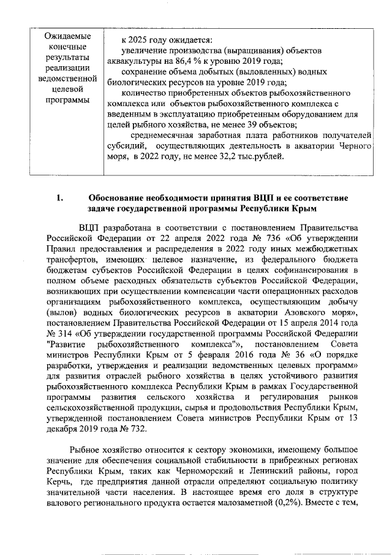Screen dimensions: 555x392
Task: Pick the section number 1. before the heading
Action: (x=60, y=198)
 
